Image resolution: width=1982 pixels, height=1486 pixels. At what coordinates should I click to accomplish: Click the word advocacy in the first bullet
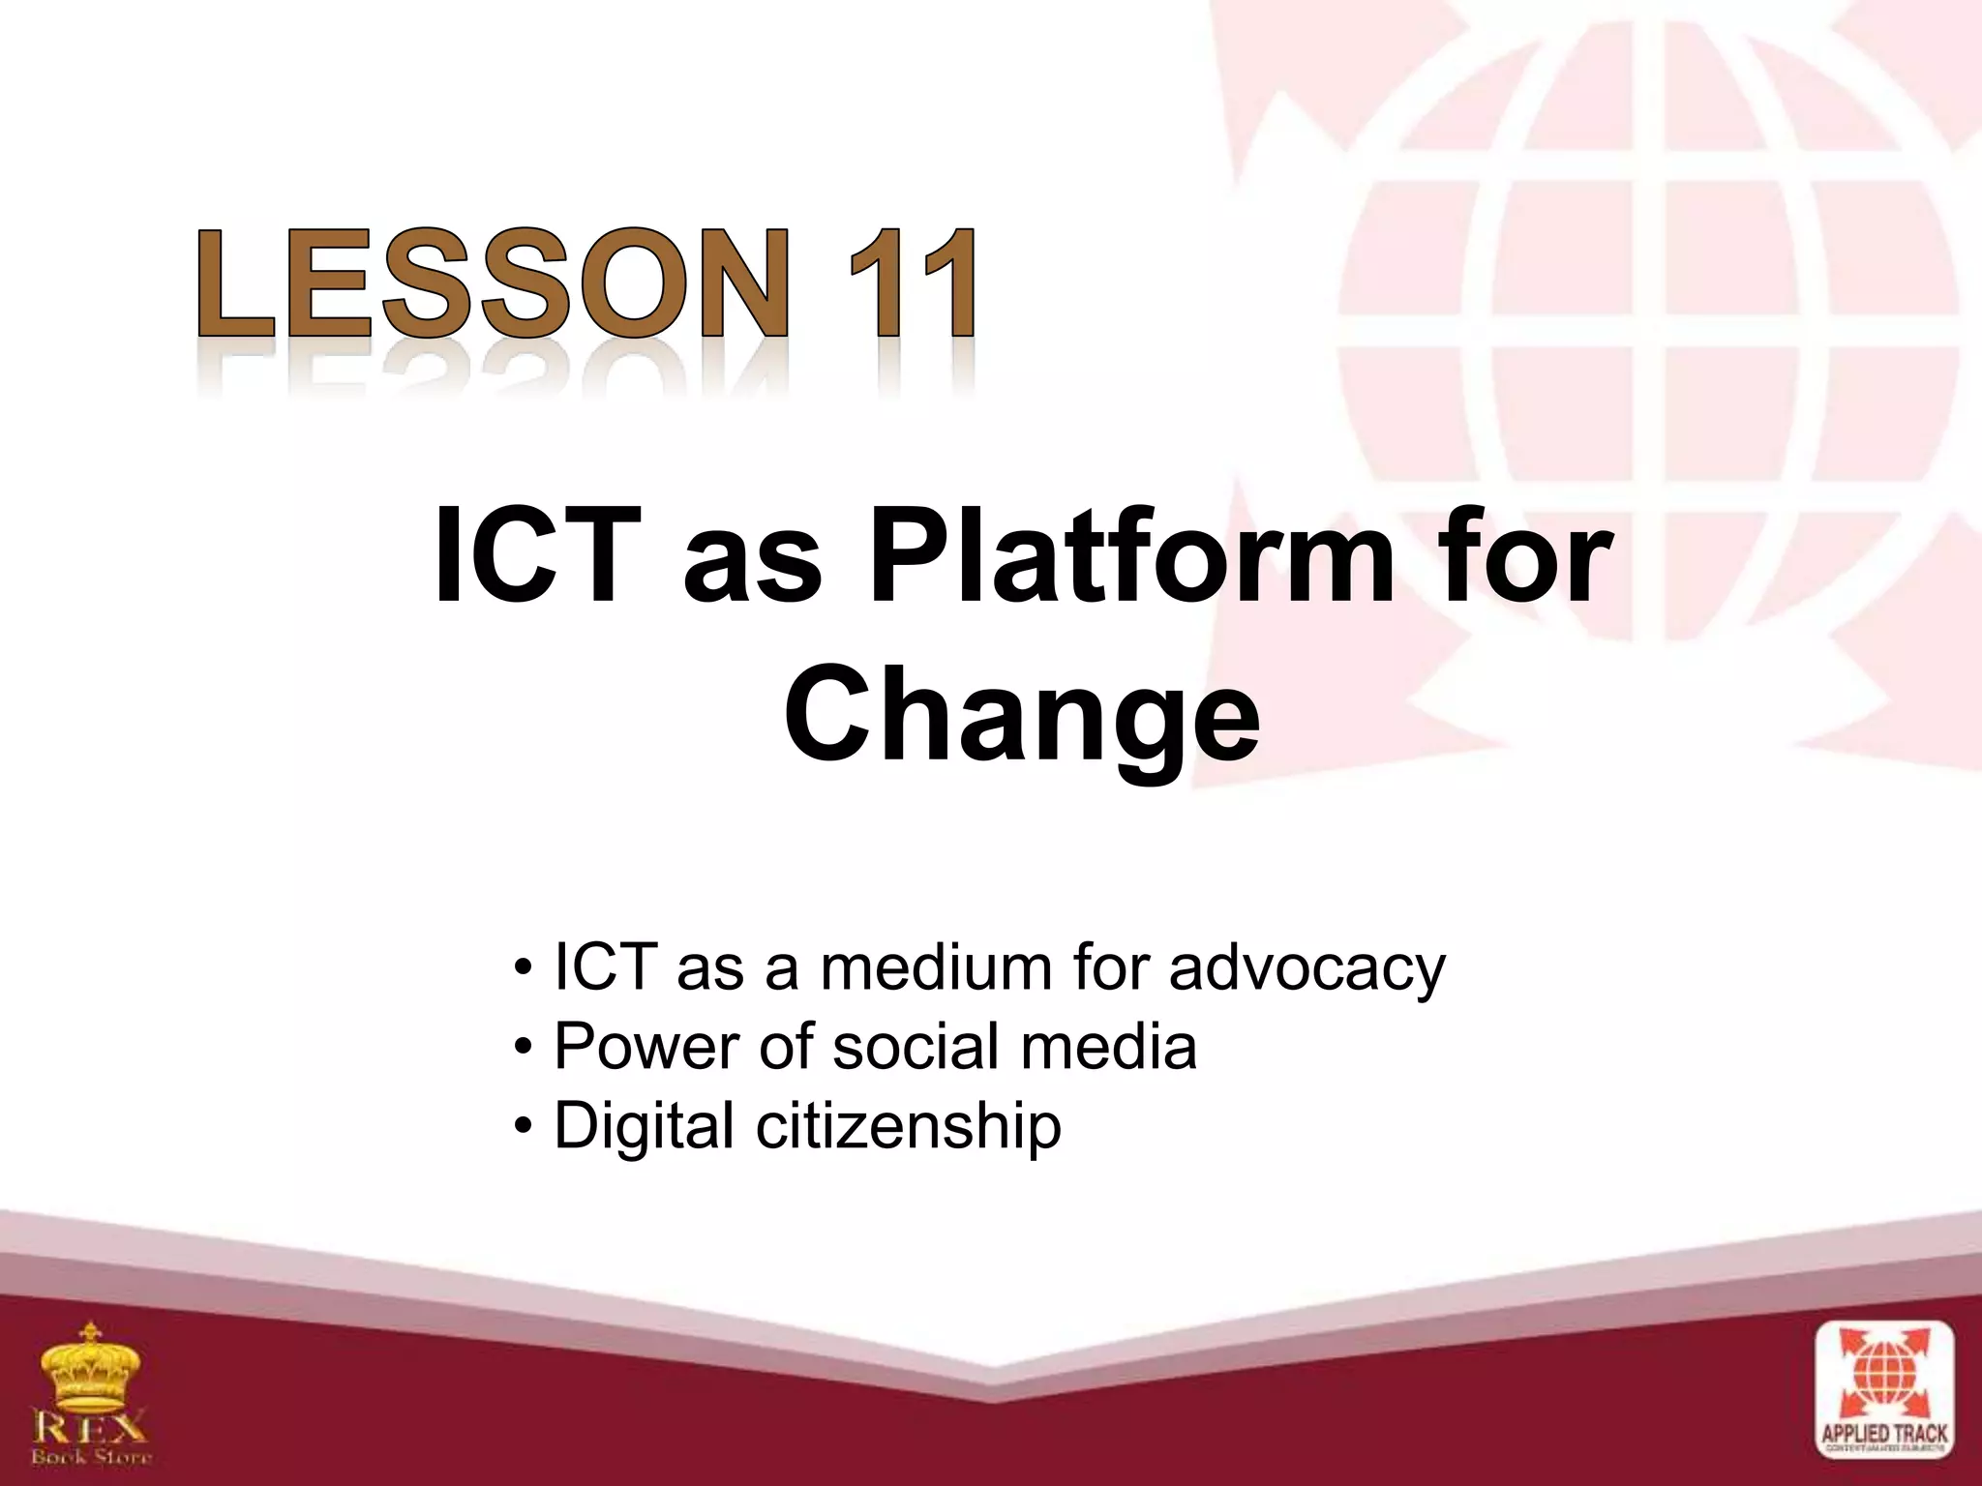click(x=1306, y=967)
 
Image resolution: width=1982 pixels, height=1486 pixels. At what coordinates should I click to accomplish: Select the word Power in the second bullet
click(x=648, y=1047)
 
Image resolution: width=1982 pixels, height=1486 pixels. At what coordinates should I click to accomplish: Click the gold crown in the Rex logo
click(x=91, y=1375)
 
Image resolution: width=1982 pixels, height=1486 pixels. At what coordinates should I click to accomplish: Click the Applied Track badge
click(x=1883, y=1403)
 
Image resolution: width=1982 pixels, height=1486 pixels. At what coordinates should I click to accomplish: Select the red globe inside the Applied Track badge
click(x=1883, y=1382)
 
